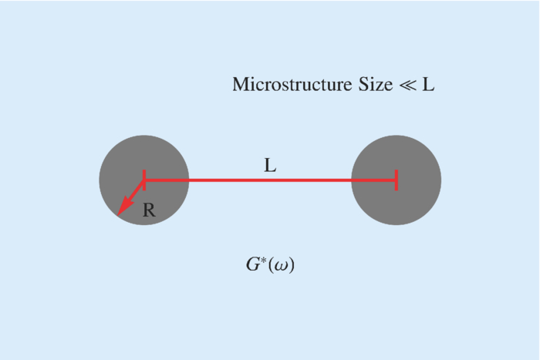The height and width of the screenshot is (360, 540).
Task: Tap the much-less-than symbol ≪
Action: [407, 85]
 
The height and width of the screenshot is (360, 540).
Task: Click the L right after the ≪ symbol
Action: [428, 84]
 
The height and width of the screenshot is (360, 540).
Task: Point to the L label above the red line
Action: [270, 166]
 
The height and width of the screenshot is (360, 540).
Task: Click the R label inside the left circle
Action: [149, 210]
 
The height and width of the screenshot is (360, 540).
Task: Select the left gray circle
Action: [162, 158]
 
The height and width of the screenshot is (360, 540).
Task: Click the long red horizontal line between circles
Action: [270, 180]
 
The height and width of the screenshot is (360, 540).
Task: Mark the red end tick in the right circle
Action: [396, 180]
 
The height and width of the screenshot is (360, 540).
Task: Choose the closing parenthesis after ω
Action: [292, 267]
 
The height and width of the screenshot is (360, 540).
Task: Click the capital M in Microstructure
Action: [241, 84]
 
